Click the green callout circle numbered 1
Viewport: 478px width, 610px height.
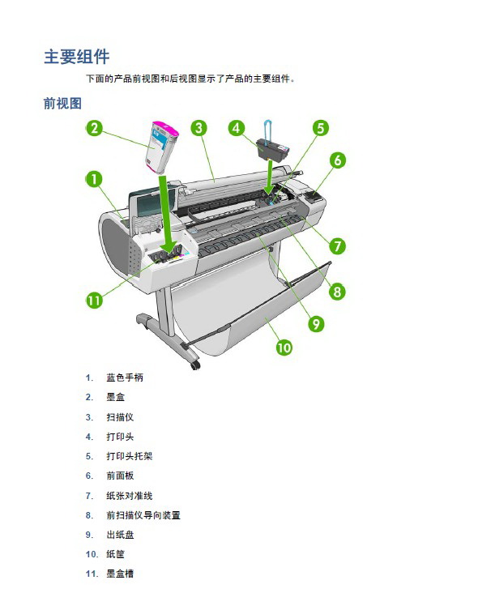[94, 179]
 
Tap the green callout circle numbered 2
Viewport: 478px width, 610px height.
[94, 128]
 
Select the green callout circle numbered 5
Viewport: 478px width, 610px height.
[321, 128]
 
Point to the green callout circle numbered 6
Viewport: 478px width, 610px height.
[338, 160]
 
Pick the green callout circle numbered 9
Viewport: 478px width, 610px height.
[316, 324]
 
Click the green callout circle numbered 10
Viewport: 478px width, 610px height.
[284, 347]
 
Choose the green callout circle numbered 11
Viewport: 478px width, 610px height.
[94, 301]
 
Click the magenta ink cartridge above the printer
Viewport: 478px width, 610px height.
[162, 147]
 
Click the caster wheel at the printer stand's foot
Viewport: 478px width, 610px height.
[195, 365]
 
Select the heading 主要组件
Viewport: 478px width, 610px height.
[77, 57]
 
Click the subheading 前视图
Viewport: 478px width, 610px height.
[62, 104]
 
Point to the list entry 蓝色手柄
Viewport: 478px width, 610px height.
[125, 378]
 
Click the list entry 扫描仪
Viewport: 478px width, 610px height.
[120, 417]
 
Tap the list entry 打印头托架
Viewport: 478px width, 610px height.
[130, 456]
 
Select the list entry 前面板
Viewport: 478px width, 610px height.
[120, 476]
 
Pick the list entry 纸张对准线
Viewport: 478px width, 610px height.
[130, 496]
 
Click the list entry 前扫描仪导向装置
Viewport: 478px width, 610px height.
[143, 515]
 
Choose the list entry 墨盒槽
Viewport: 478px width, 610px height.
[120, 574]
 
